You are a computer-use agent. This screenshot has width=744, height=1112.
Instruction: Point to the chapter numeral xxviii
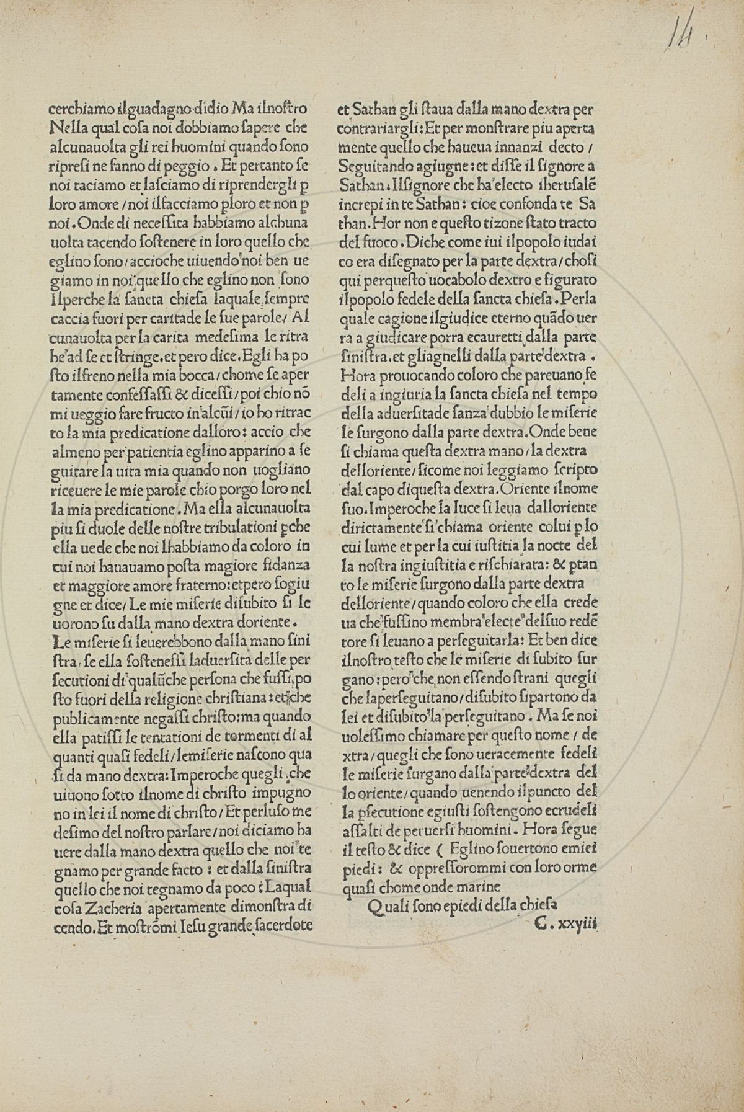click(x=577, y=923)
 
